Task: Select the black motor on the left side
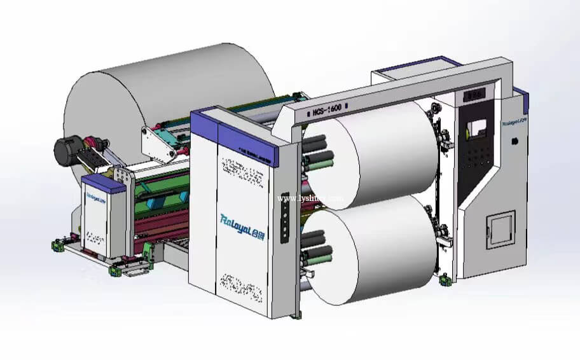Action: [x=65, y=150]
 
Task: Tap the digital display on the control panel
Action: [x=474, y=94]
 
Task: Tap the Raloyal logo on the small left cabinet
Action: [x=93, y=197]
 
